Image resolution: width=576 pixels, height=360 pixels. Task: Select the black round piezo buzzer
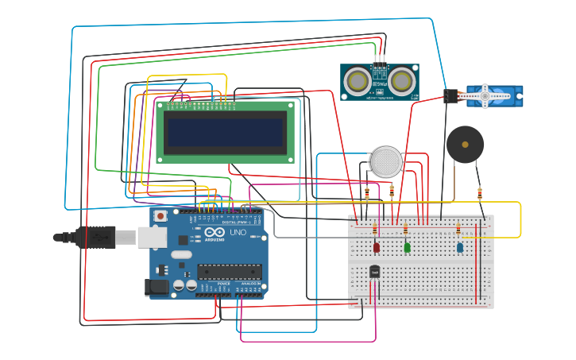pos(465,145)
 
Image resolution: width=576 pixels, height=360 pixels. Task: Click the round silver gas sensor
pos(386,161)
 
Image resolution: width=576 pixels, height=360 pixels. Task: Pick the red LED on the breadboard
pos(376,247)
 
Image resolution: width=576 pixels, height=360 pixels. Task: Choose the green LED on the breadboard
pos(407,247)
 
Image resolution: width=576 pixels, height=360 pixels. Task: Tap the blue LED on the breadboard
pos(460,247)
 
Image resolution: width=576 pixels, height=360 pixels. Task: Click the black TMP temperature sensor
pos(374,272)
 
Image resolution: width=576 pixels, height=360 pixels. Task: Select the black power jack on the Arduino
pos(157,287)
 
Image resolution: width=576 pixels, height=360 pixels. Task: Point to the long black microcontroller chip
pos(230,272)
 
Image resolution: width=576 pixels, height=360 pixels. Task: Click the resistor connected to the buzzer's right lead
pos(479,192)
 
